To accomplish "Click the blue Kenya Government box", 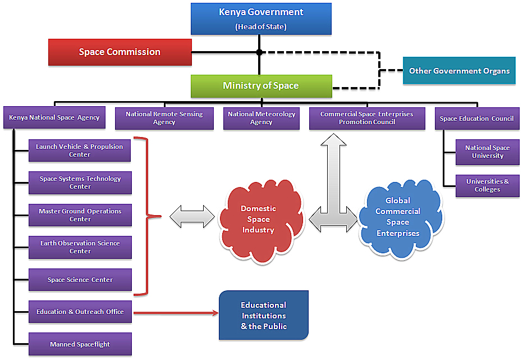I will [261, 19].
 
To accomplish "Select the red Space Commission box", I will [120, 52].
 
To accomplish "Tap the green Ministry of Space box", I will [261, 86].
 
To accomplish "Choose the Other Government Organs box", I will [459, 71].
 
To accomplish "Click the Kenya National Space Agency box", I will [54, 118].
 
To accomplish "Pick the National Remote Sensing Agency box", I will [164, 118].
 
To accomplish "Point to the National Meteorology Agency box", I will [261, 118].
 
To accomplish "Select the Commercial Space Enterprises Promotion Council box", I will [367, 118].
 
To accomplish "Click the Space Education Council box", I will [477, 119].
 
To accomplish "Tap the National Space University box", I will [487, 152].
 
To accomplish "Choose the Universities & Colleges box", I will [487, 185].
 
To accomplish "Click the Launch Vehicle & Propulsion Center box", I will [80, 151].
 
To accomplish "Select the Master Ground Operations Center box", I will [80, 215].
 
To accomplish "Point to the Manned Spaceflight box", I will [80, 344].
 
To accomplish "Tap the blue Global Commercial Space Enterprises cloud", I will [398, 217].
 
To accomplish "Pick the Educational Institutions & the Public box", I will [263, 316].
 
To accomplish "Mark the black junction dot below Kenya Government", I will [259, 52].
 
